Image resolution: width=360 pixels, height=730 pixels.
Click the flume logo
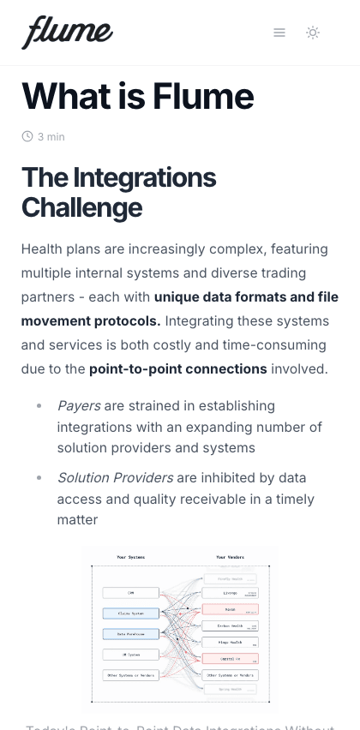tap(67, 32)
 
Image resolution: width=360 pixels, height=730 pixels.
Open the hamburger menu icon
tap(279, 33)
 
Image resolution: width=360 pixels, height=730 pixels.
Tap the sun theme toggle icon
tap(313, 33)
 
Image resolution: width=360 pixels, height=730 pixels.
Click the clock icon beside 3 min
tap(27, 136)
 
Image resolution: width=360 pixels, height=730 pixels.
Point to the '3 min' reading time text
tap(51, 137)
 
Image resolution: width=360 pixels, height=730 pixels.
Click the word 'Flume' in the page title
tap(203, 96)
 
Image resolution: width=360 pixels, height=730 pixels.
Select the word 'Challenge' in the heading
tap(81, 207)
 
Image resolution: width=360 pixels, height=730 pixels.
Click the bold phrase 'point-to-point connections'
tap(178, 368)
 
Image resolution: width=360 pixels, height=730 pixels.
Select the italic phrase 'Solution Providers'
tap(115, 477)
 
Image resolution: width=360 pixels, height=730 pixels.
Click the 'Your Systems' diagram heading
tap(130, 557)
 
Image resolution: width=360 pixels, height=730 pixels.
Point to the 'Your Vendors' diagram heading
tap(231, 557)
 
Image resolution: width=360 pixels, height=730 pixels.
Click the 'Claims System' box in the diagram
tap(130, 613)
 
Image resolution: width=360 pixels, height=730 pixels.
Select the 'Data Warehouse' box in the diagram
tap(130, 634)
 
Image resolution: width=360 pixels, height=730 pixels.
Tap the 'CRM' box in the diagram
tap(130, 593)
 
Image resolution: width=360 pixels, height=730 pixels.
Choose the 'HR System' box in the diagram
tap(130, 655)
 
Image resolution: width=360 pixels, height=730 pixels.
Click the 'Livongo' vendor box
tap(231, 593)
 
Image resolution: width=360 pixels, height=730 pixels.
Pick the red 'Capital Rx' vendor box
tap(231, 658)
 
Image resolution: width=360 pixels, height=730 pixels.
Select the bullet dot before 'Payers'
tap(39, 405)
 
